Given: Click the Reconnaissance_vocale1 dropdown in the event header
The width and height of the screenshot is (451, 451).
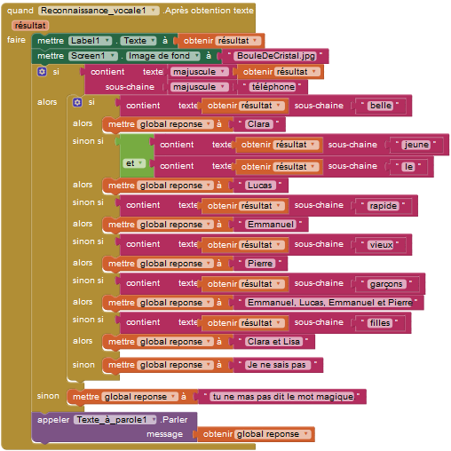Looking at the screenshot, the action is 99,11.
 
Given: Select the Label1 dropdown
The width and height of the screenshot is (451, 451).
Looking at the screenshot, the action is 91,41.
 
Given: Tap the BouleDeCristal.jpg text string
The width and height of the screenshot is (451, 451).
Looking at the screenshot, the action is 276,56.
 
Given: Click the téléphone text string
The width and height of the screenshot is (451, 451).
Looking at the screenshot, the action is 273,87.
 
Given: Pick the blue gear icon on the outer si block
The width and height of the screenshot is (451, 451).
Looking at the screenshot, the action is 42,72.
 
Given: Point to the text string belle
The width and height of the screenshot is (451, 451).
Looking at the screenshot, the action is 381,106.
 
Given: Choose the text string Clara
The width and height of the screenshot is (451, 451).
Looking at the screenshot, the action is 258,124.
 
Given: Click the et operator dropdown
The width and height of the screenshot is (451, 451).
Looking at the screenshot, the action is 134,163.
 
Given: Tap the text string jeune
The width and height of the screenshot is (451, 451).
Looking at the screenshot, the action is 416,145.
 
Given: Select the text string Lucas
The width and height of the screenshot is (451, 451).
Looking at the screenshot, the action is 260,186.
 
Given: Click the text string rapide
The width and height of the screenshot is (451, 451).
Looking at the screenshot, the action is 384,206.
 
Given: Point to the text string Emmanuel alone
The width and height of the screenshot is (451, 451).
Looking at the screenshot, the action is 271,225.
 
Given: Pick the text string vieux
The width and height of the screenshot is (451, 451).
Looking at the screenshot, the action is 381,245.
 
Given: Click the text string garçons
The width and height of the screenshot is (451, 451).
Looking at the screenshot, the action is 386,284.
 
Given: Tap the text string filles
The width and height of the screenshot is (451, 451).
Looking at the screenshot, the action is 380,323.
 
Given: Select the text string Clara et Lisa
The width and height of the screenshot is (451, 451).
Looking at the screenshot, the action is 273,342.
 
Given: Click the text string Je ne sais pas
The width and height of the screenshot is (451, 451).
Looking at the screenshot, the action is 277,365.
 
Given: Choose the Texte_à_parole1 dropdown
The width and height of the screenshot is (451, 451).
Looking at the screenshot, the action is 115,420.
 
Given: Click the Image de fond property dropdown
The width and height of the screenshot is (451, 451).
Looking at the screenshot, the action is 163,56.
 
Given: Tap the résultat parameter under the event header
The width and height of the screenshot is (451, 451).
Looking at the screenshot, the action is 30,26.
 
